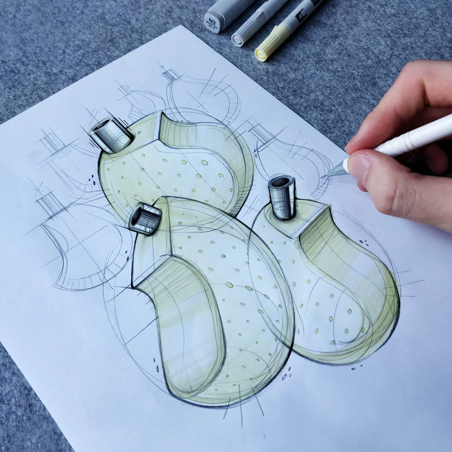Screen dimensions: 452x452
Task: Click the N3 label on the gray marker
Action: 212,22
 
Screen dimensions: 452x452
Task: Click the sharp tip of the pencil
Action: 323,177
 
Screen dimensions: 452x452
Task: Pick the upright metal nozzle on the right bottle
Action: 282,197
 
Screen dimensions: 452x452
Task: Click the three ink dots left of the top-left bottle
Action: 92,179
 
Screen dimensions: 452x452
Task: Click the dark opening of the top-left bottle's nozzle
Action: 102,124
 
